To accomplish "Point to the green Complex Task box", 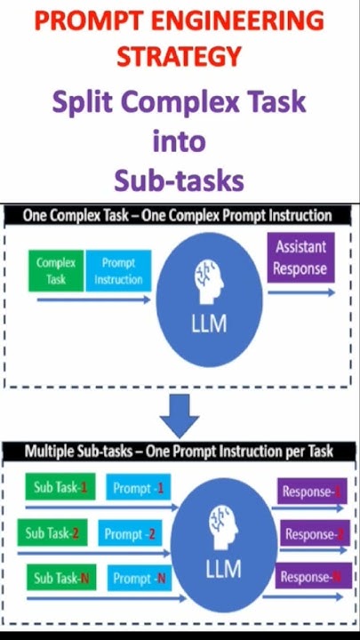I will pos(56,271).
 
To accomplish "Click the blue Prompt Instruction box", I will pos(118,271).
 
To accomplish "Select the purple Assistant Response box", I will pos(300,257).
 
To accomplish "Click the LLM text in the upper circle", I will pos(209,324).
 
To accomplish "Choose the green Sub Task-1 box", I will pos(57,488).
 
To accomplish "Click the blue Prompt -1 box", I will pos(139,488).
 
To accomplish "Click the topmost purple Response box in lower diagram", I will pos(310,492).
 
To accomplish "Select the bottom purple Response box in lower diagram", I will pos(310,577).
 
